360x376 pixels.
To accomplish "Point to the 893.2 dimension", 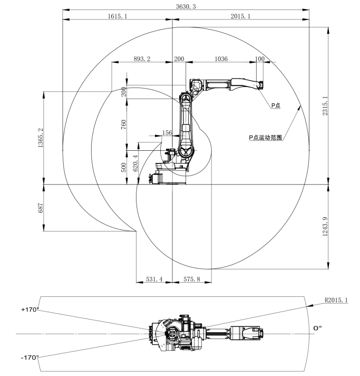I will (x=140, y=59).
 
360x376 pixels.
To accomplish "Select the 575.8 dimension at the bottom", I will (x=191, y=278).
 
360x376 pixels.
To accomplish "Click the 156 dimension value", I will (x=168, y=133).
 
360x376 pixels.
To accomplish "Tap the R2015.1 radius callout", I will (x=337, y=301).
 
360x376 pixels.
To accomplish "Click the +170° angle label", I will (x=30, y=310).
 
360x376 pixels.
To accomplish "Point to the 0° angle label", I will (x=317, y=329).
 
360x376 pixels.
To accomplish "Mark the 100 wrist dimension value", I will (x=259, y=59).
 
